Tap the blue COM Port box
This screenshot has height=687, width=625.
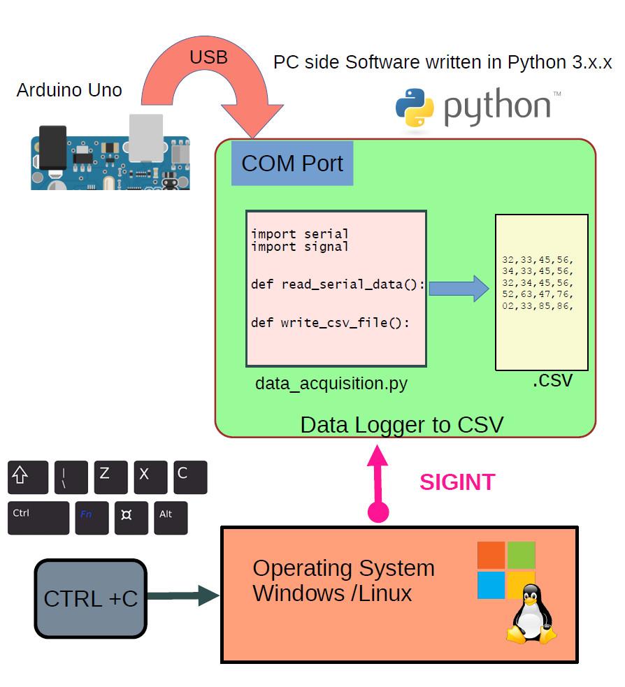click(292, 164)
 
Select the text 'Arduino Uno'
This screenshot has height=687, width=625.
click(69, 90)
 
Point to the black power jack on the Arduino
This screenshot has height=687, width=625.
click(53, 147)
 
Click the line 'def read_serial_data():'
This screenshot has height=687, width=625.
click(338, 284)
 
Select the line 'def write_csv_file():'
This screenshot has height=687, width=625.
click(330, 322)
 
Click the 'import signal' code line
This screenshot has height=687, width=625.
click(300, 247)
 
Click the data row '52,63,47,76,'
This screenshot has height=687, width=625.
click(538, 294)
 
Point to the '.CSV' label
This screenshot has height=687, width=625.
click(552, 381)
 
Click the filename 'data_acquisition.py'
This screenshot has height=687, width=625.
click(331, 383)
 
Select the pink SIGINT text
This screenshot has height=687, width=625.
click(457, 482)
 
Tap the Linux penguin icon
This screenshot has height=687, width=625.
click(531, 615)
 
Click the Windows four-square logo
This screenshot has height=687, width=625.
click(506, 570)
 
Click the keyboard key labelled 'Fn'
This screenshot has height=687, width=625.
click(92, 518)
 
